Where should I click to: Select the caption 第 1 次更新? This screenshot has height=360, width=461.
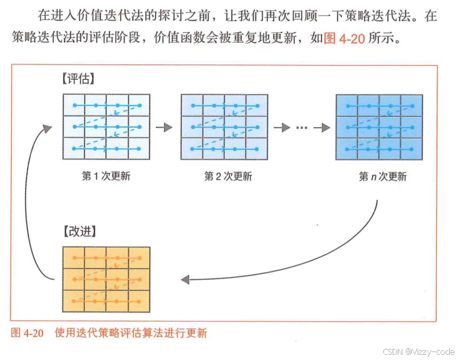click(106, 176)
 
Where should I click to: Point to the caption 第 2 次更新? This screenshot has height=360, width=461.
click(224, 176)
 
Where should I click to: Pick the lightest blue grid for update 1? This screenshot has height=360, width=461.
click(106, 127)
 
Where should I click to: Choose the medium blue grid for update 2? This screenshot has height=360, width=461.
click(224, 127)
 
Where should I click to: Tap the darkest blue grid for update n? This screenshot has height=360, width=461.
click(379, 127)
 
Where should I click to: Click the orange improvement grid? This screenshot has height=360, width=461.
click(106, 279)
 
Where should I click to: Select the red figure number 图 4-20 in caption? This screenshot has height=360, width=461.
click(28, 333)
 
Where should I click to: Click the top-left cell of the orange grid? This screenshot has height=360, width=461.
click(73, 258)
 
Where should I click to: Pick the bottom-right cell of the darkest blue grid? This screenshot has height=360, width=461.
click(412, 149)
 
